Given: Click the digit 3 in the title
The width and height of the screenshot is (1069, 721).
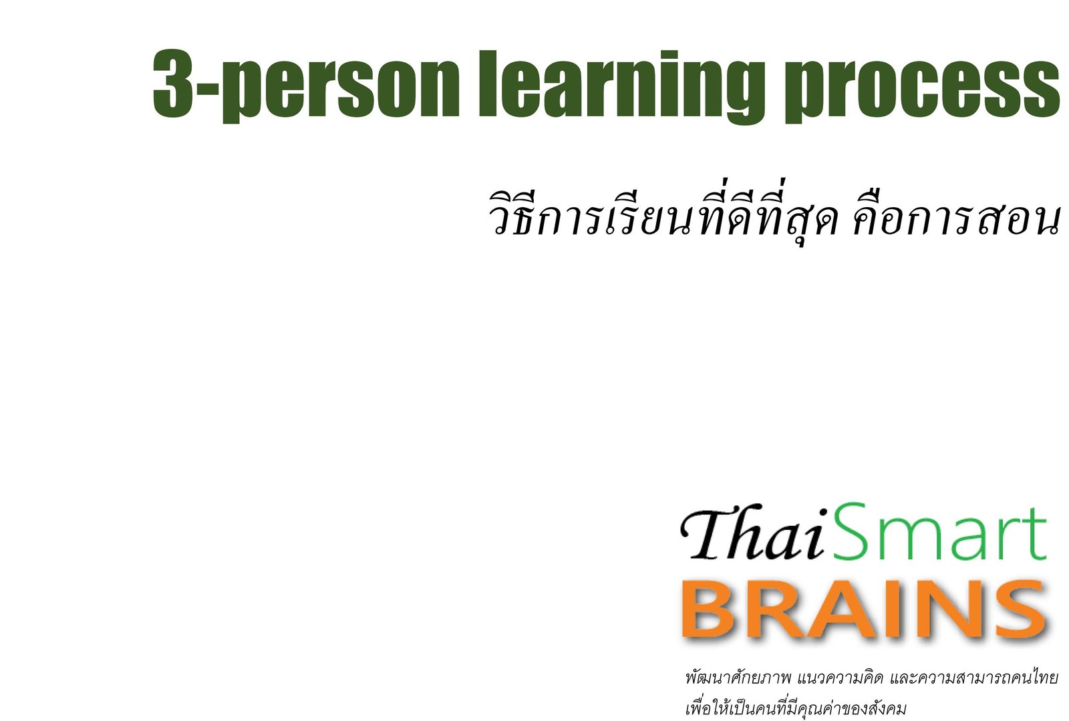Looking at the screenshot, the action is coord(174,83).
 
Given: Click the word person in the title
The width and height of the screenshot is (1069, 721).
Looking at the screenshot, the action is coord(341,86).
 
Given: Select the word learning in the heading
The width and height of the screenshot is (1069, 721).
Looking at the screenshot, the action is coord(621,86).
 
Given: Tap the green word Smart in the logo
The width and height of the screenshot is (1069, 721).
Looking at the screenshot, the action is coord(940,531).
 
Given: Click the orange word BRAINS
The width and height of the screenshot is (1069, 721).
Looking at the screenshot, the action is coord(865,609).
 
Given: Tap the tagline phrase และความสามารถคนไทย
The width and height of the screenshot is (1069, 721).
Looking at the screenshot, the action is coord(974,678).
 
